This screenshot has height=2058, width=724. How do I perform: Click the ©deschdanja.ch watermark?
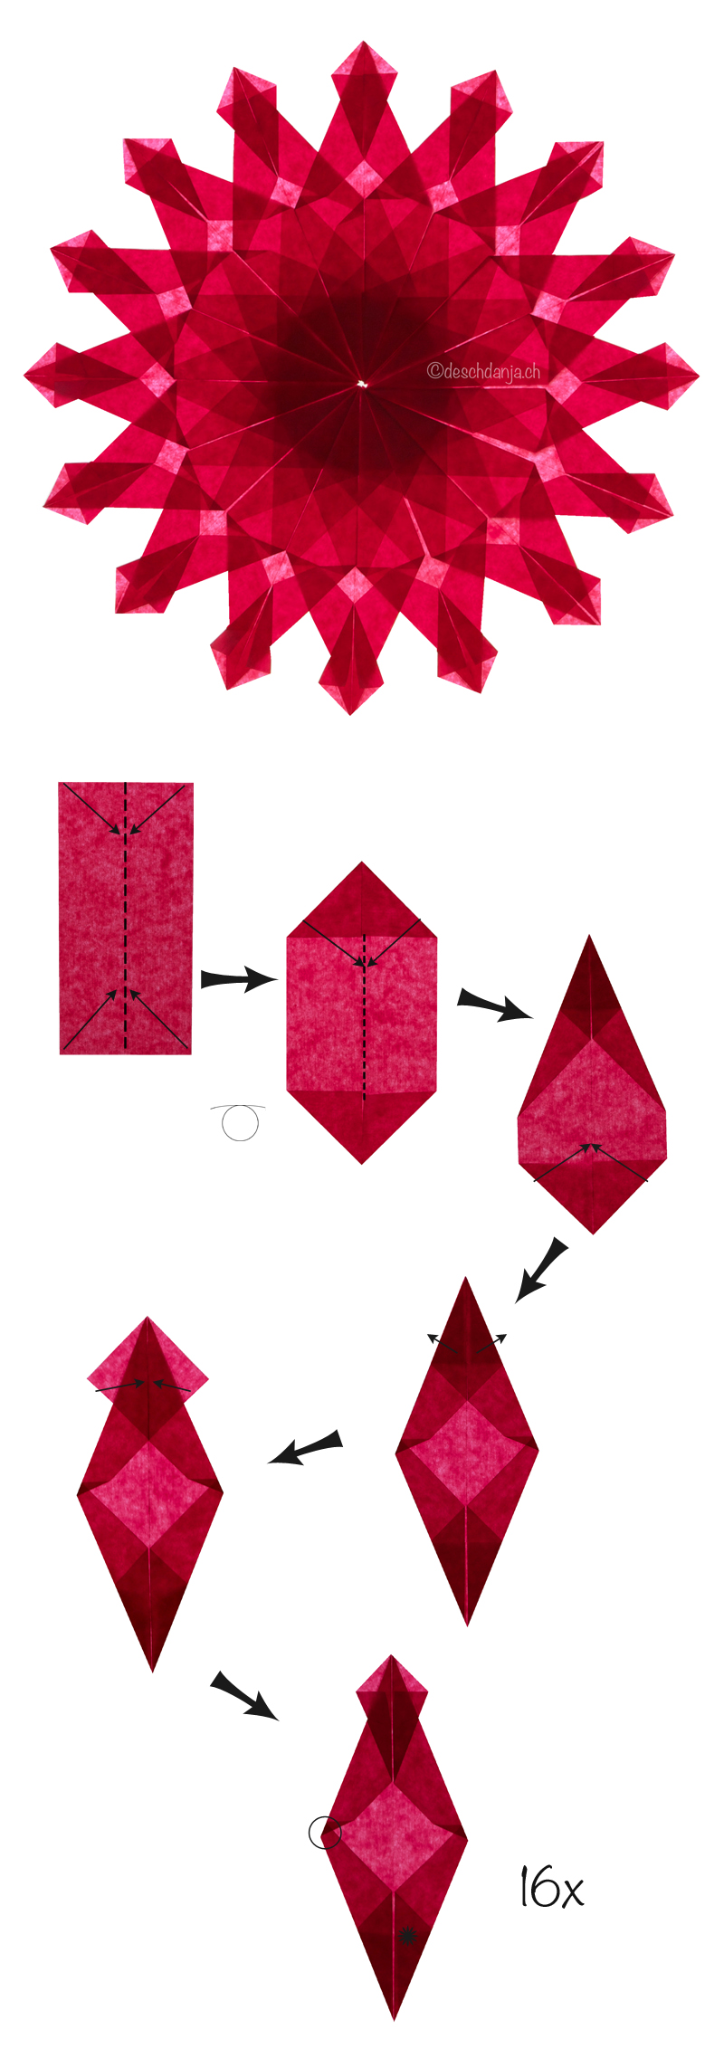tap(483, 371)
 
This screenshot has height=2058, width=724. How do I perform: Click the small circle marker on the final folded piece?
tap(325, 1834)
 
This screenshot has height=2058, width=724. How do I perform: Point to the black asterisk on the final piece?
tap(407, 1936)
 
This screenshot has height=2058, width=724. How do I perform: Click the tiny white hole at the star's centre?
tap(362, 385)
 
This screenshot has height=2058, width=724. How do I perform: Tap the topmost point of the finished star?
tap(364, 41)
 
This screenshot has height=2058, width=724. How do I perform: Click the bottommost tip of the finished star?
tap(350, 715)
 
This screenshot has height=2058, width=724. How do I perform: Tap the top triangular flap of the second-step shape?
tap(362, 900)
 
